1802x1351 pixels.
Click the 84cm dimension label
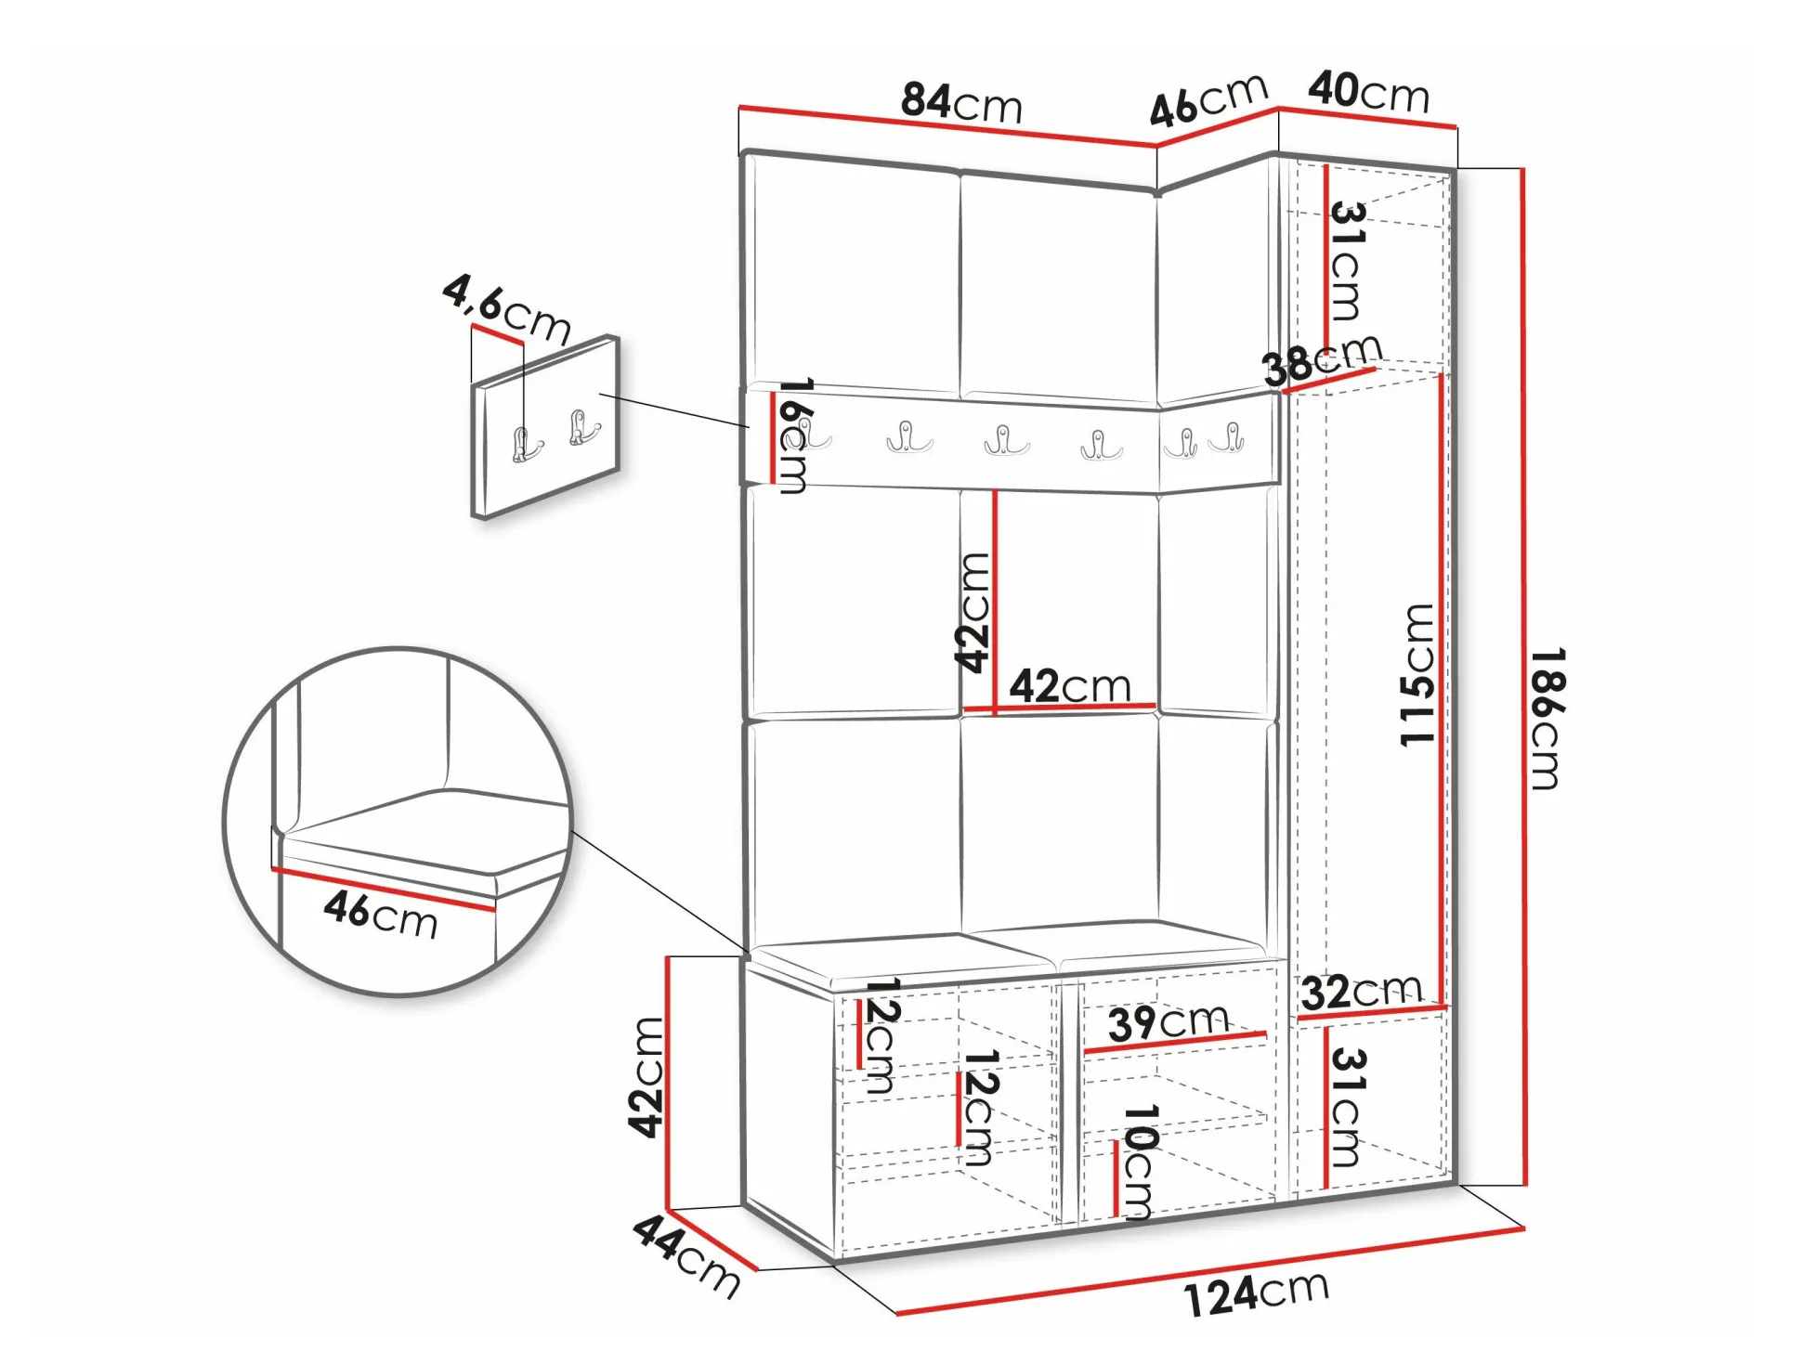click(961, 102)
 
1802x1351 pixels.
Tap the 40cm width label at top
click(1368, 93)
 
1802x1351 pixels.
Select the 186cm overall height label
click(1547, 718)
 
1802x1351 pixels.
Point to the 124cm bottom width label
click(1257, 1293)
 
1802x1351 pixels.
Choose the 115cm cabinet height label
click(1418, 674)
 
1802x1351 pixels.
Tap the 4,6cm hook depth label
click(506, 310)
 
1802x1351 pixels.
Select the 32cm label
click(1362, 992)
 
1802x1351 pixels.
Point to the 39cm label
click(1169, 1022)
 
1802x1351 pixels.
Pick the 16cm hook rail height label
click(794, 435)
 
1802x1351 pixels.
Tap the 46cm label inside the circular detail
click(381, 915)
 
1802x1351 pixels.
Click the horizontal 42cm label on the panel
click(1070, 686)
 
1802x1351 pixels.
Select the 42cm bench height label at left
click(646, 1077)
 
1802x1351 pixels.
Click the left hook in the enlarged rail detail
click(527, 445)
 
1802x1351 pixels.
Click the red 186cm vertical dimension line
click(1523, 677)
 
